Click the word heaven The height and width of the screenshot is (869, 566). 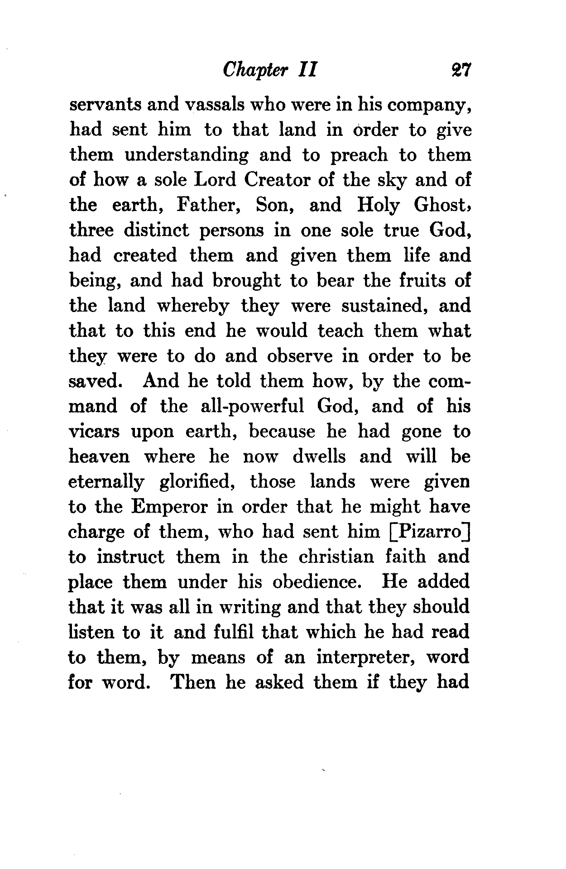pyautogui.click(x=99, y=456)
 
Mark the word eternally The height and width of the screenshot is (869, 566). pyautogui.click(x=106, y=482)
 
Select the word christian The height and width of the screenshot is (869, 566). pyautogui.click(x=336, y=556)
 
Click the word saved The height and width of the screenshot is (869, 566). pyautogui.click(x=94, y=381)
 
